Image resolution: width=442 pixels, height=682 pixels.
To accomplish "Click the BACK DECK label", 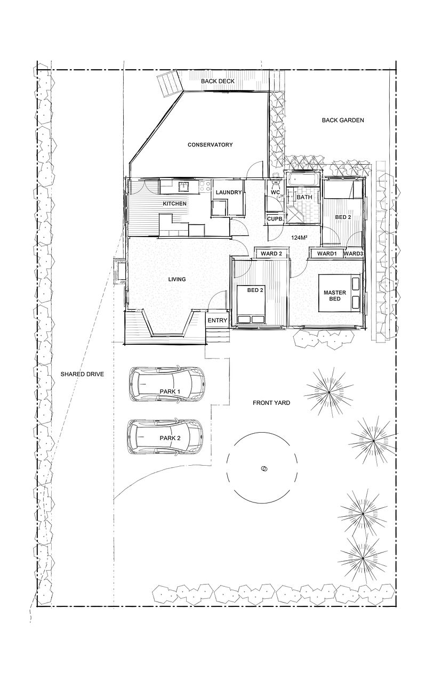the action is coord(218,82).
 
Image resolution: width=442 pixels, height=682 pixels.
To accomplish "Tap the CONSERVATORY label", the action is coord(210,144).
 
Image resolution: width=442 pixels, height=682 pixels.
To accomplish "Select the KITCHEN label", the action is coord(174,204).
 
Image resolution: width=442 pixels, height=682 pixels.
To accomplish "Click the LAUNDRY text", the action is coord(228,192).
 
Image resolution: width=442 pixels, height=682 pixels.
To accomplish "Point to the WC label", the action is coord(275,192).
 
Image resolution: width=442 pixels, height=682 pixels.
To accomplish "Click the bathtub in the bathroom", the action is coord(302,180).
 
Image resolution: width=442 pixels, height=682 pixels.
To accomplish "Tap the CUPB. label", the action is coord(275,218).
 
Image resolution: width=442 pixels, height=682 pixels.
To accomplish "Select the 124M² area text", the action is coord(299,238).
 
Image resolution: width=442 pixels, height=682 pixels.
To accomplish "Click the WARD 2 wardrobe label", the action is coord(271,254).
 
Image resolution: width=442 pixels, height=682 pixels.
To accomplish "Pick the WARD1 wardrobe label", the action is coord(326,254).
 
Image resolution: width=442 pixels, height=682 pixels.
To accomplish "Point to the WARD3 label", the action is coord(353,254).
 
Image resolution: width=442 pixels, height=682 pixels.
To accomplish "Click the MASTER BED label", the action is coord(335,296).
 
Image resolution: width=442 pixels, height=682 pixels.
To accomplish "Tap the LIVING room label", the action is coord(177,279).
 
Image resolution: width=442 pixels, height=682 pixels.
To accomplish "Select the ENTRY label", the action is coord(217,320).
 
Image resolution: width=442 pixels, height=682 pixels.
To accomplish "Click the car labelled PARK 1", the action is coord(167,384).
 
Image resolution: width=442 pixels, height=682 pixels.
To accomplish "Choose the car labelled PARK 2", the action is coord(165,436).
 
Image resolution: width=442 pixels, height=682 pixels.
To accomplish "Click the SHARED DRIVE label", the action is coord(82,374).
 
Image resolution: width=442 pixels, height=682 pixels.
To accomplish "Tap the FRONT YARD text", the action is coord(271,403).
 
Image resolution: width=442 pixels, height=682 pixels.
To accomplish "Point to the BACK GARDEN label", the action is coord(343,120).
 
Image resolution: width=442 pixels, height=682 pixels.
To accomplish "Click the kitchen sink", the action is coord(184,186).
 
